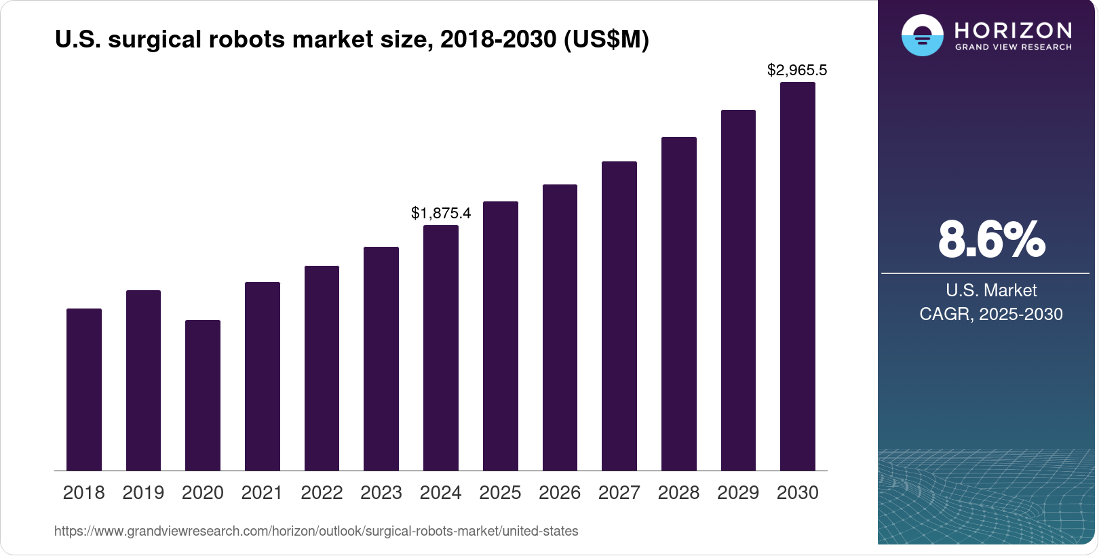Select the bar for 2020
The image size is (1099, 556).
[x=202, y=395]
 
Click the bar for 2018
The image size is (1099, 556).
[x=83, y=390]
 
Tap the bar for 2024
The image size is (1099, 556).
[x=440, y=348]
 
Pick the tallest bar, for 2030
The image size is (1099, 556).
[x=797, y=277]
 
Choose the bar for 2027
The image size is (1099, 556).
[x=619, y=316]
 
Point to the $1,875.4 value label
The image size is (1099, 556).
[x=441, y=213]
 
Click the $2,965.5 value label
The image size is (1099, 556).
[x=797, y=70]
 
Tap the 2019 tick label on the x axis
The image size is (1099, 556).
[x=143, y=493]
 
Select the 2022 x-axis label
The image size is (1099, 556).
[x=322, y=493]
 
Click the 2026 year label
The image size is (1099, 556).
[x=560, y=493]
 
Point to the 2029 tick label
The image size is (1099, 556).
[x=738, y=493]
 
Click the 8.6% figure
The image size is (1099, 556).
[x=991, y=239]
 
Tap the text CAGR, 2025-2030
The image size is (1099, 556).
[x=990, y=314]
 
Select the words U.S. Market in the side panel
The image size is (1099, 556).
[x=990, y=290]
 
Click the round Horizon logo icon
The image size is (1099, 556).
[x=922, y=35]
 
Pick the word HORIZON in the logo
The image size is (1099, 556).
[x=1013, y=30]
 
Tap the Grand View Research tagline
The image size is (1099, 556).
[x=1013, y=47]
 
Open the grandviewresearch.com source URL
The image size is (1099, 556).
[x=316, y=531]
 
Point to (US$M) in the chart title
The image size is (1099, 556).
[x=606, y=39]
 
